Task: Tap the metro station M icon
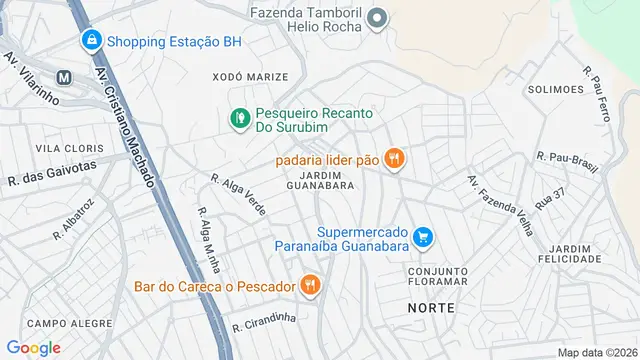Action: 63,76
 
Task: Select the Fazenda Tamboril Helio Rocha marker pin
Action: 377,18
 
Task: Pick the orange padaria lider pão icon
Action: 395,157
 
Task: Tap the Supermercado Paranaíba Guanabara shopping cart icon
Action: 424,237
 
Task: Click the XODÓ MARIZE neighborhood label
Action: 250,77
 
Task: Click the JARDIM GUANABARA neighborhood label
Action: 320,179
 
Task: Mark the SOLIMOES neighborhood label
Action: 557,89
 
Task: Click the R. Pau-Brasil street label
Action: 567,158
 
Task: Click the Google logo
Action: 33,347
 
